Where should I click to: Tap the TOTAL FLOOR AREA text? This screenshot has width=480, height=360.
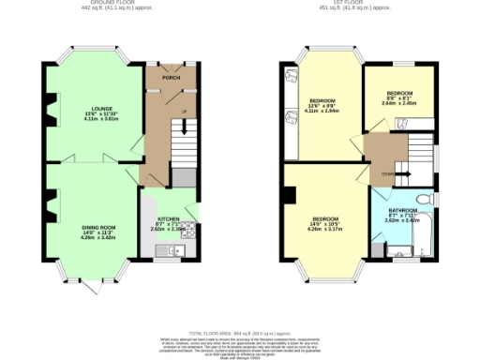coord(240,332)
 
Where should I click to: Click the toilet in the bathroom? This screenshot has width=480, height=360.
coord(423,199)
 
